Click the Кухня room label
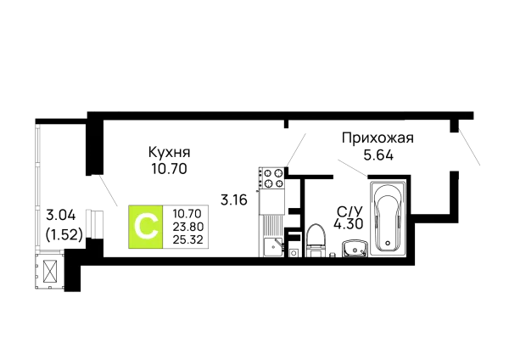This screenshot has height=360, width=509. tap(169, 152)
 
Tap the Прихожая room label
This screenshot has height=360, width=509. tap(378, 138)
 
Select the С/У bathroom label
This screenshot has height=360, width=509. tap(350, 212)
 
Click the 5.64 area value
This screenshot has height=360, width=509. tap(378, 155)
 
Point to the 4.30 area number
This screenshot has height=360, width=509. tap(349, 224)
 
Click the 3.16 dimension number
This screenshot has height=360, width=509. tap(234, 200)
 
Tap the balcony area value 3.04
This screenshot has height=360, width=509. tap(61, 215)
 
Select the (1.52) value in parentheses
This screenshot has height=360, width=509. tap(64, 234)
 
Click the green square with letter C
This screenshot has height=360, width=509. tap(145, 227)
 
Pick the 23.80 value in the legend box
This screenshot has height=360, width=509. tap(188, 227)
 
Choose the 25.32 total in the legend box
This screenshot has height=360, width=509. tap(188, 239)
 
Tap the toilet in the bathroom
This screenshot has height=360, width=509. tap(316, 240)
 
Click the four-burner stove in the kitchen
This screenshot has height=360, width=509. tap(271, 177)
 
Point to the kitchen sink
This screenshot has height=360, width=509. tap(273, 246)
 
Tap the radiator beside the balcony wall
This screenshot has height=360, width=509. tap(95, 223)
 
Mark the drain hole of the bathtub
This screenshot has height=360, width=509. tap(388, 243)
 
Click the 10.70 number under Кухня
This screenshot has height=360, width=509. tap(169, 169)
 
